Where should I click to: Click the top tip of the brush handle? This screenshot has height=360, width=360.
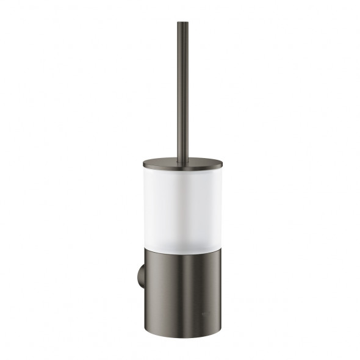point(182,24)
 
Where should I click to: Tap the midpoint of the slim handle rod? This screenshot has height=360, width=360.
point(182,92)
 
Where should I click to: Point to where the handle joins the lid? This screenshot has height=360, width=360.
point(182,159)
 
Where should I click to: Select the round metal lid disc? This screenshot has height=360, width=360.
point(183,163)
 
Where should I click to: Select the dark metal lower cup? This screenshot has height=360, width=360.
point(183,287)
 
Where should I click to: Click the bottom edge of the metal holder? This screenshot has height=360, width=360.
point(183,337)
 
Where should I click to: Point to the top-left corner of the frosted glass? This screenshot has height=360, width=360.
point(148,169)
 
